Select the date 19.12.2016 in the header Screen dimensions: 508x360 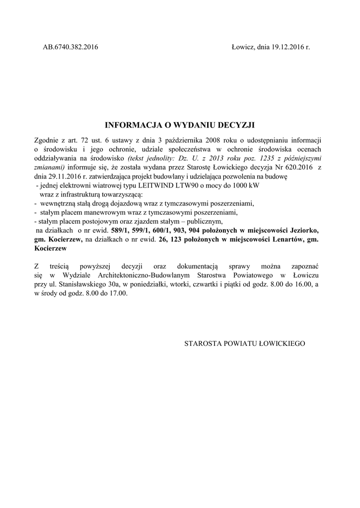point(286,47)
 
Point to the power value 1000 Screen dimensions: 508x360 point(236,185)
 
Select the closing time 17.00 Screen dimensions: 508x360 point(119,293)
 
